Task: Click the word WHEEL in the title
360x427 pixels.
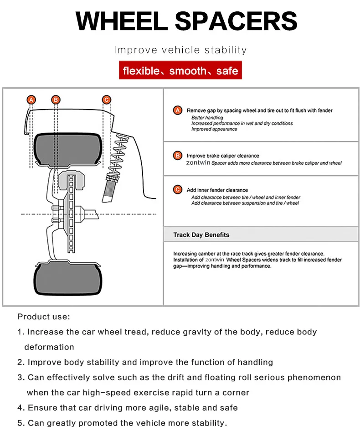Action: [121, 21]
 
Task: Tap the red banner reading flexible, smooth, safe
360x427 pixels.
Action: [180, 71]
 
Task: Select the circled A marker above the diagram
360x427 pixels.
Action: [31, 99]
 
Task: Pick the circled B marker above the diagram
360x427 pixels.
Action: [56, 99]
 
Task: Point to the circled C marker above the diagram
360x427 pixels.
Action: [106, 99]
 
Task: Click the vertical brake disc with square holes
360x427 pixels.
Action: [71, 214]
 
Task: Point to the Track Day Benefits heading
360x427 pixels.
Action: [201, 235]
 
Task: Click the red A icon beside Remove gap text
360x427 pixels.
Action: [178, 110]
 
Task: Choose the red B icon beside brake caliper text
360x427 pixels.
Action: [178, 156]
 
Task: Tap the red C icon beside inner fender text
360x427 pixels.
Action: [178, 190]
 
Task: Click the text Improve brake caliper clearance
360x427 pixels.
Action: [223, 156]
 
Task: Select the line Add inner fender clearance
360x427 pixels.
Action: [217, 190]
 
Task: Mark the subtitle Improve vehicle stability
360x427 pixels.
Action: [180, 50]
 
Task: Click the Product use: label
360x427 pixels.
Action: [44, 317]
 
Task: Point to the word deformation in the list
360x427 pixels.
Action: [49, 347]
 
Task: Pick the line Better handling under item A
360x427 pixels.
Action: [207, 118]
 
